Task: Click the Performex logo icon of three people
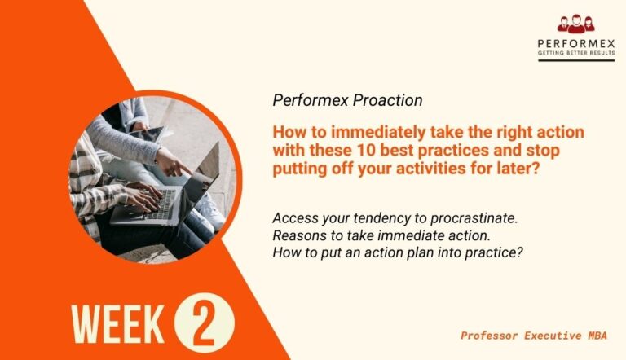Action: click(575, 24)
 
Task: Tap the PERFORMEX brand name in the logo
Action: click(575, 43)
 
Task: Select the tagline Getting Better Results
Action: click(575, 54)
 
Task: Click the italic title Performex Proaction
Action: click(347, 101)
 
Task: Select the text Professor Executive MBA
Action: click(535, 335)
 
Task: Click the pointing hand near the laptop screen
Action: click(171, 163)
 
